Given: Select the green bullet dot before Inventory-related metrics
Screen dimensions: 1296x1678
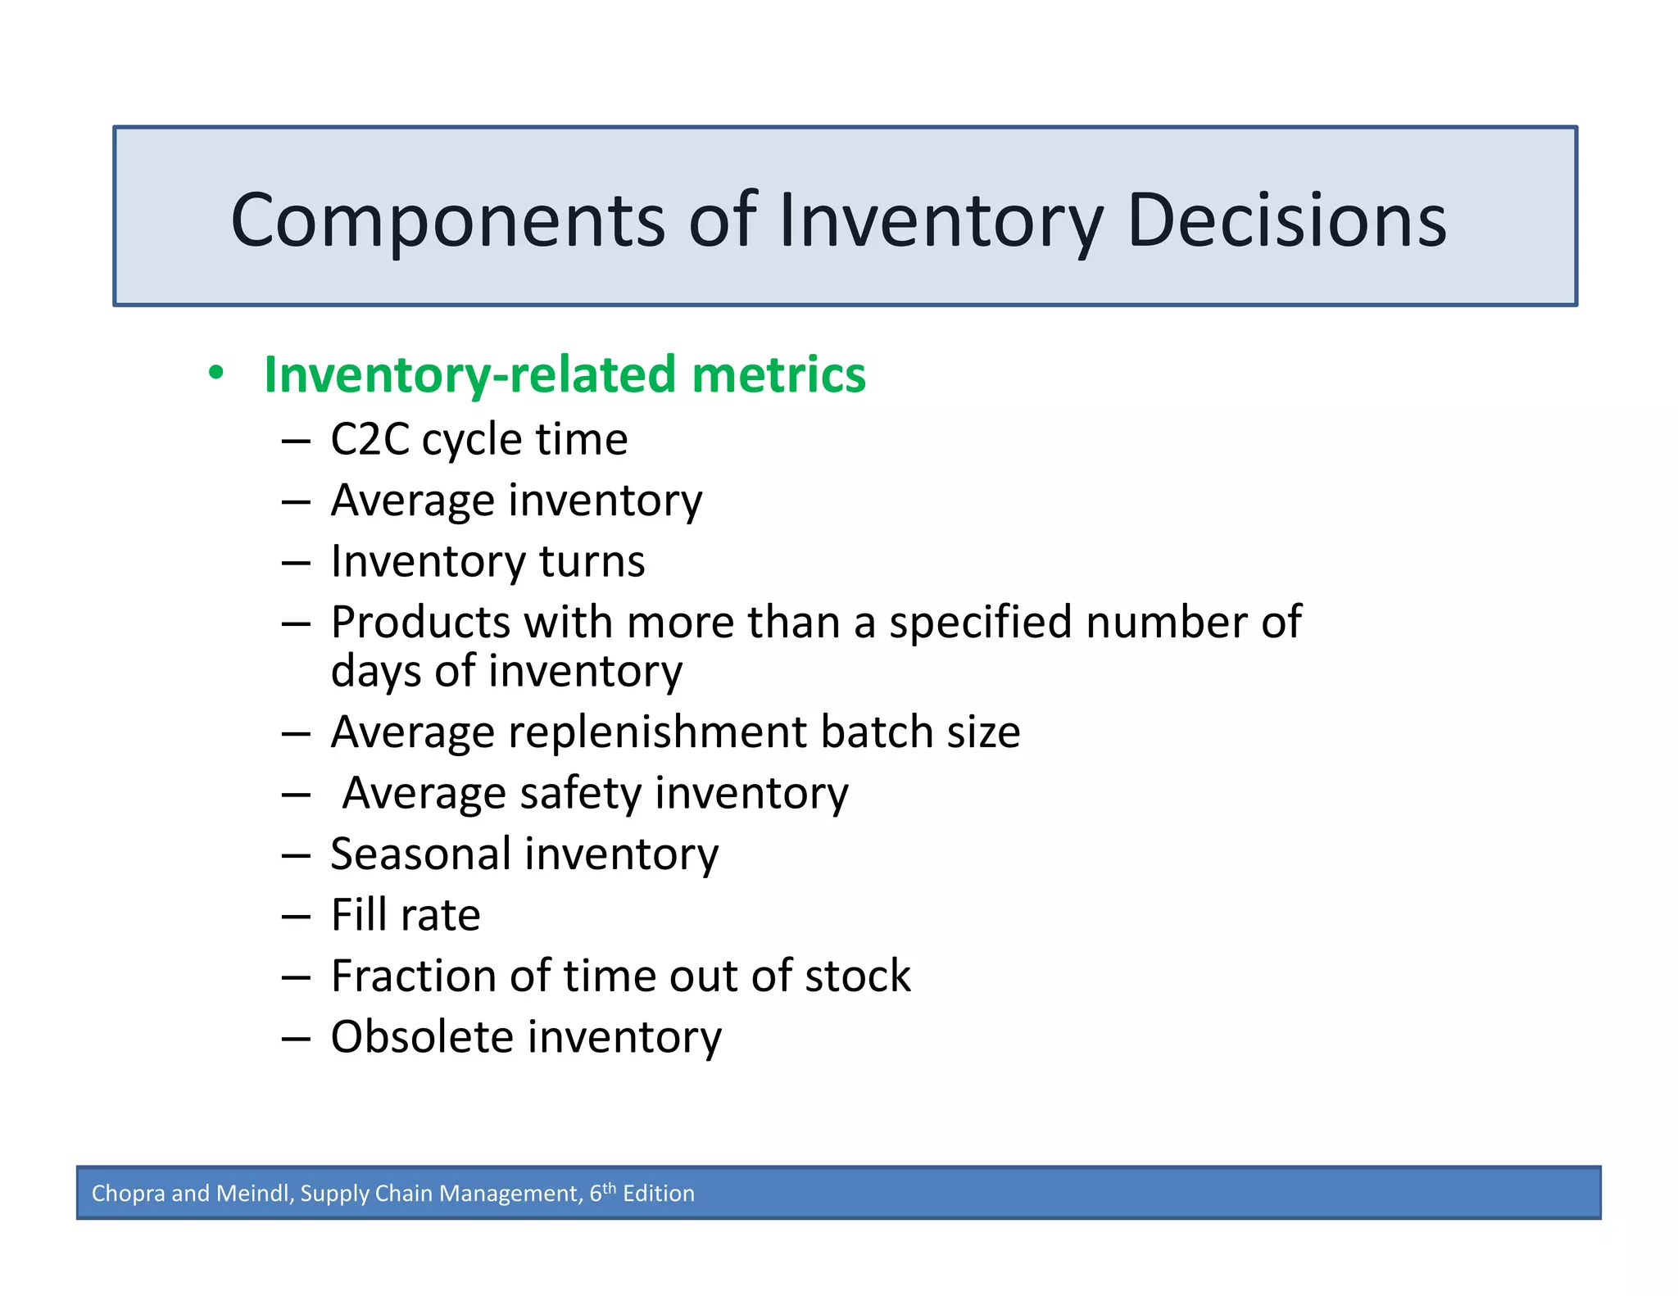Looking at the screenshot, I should coord(215,373).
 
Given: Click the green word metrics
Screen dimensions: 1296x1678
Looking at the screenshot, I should coord(778,374).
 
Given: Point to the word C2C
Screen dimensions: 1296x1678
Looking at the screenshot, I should coord(370,439).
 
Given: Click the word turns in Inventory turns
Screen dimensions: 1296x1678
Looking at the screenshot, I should coord(592,562).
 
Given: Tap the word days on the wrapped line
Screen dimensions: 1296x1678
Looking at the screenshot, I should coord(375,672).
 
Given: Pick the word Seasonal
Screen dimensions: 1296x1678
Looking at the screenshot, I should coord(421,854).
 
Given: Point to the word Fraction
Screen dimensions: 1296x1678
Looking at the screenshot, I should coord(413,976).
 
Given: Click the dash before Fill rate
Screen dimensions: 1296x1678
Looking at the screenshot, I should coord(295,917).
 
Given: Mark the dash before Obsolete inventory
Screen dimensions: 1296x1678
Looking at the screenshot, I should coord(295,1039).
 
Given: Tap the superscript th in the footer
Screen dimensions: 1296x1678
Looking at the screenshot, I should coord(609,1188).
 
